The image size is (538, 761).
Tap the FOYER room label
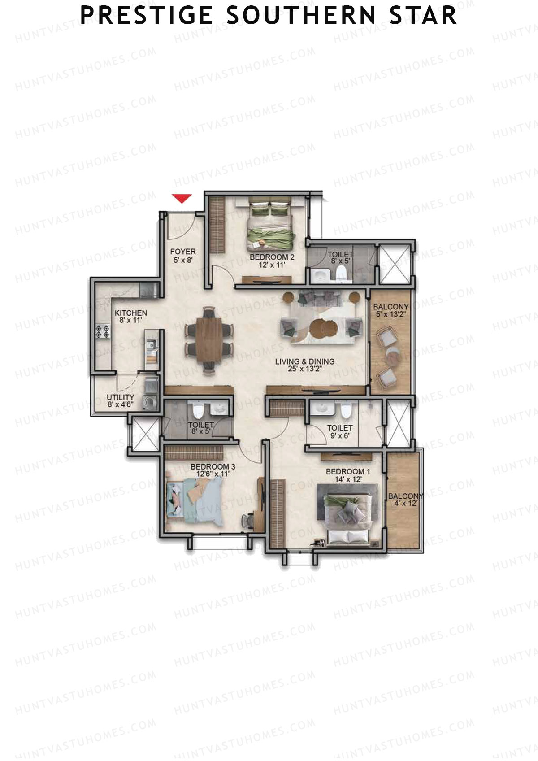183,252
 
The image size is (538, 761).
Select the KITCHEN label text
131,313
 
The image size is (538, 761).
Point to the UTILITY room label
121,397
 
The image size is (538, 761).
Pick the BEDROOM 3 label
213,466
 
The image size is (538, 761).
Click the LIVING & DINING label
305,361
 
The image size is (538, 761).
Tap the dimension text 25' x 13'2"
305,370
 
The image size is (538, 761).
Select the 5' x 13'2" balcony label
391,314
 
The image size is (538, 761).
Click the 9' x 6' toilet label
339,435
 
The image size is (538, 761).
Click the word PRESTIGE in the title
146,15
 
